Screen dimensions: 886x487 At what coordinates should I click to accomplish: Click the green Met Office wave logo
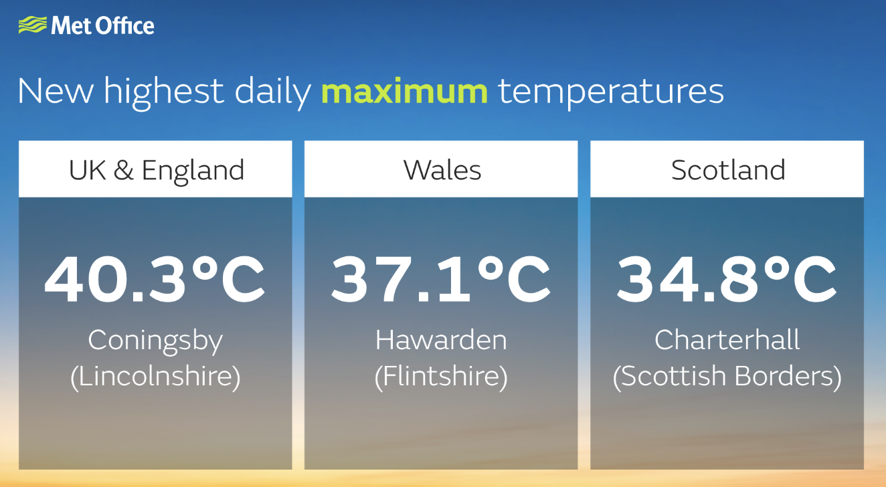(x=33, y=25)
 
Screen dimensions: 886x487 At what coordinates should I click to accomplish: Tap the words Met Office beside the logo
(x=103, y=25)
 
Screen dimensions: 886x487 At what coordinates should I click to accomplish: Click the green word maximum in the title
(x=405, y=92)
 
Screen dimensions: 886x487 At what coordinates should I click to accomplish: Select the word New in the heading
(x=56, y=91)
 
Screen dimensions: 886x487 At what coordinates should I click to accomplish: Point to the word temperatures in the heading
(x=611, y=93)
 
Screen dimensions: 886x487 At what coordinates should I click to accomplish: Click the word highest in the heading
(x=163, y=93)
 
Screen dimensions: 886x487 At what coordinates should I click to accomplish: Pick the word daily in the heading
(x=273, y=93)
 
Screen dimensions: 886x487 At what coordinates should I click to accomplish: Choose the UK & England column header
(x=156, y=171)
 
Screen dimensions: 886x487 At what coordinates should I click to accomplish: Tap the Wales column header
(x=442, y=171)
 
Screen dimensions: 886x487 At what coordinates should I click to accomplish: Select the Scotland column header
(x=728, y=171)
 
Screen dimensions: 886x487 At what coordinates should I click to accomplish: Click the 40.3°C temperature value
(x=155, y=279)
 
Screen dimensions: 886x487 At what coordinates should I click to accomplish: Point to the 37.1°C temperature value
(x=440, y=279)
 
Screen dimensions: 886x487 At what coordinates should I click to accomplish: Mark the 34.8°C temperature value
(x=727, y=279)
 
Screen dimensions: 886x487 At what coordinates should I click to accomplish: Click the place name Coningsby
(x=155, y=340)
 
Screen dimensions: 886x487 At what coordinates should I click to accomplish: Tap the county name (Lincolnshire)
(x=155, y=376)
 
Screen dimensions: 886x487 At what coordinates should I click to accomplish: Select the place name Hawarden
(x=441, y=340)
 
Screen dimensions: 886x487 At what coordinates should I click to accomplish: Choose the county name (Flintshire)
(x=441, y=376)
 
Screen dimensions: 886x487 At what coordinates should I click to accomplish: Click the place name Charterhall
(x=727, y=340)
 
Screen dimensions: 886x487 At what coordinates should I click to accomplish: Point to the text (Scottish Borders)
(x=727, y=376)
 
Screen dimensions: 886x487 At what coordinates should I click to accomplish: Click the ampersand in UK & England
(x=123, y=171)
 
